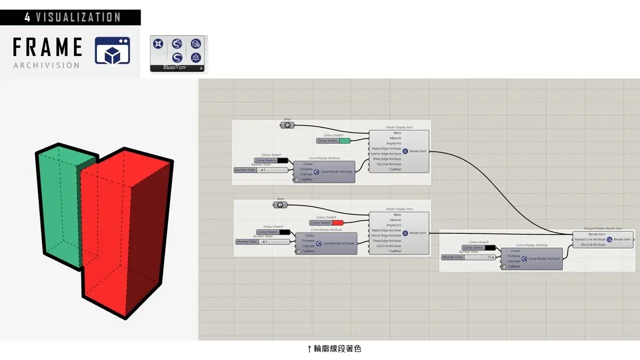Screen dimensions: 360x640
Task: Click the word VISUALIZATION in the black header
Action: [78, 17]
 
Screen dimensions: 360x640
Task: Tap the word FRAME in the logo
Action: [47, 47]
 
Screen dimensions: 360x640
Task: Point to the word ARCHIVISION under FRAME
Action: [46, 65]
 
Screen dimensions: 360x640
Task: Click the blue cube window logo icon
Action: [112, 50]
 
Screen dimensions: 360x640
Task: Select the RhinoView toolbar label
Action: [174, 67]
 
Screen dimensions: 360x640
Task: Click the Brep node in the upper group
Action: [287, 125]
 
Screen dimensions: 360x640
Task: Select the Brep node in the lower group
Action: [280, 204]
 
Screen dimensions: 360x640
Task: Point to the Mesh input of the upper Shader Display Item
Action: [397, 133]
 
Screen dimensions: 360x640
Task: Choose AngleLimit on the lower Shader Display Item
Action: [394, 225]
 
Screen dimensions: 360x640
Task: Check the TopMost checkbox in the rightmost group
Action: [504, 266]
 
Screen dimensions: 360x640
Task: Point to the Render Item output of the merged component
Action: [622, 239]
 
